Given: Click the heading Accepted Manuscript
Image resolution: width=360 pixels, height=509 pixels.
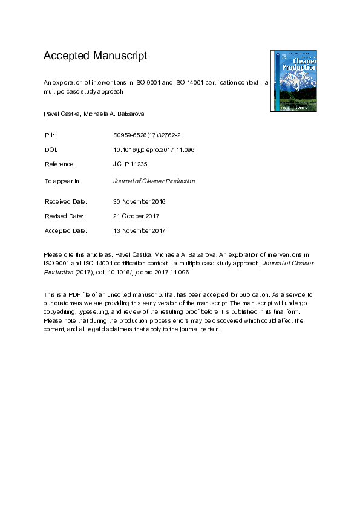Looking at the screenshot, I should (x=95, y=56).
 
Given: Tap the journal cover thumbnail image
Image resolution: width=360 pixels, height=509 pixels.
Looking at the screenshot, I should (x=293, y=81).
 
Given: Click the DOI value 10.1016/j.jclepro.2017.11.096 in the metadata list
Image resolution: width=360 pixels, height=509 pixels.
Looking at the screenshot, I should (x=154, y=149).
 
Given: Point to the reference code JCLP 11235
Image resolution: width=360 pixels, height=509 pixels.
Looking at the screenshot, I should (x=131, y=164).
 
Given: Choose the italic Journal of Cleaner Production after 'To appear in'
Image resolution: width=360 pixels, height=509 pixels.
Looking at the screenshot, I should (x=154, y=181).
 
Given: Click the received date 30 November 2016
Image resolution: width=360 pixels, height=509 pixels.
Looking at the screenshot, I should (x=139, y=201).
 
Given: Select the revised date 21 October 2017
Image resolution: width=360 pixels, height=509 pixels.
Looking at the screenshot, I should (x=136, y=216).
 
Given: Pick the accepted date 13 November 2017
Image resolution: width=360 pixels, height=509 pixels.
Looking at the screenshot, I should (x=139, y=230).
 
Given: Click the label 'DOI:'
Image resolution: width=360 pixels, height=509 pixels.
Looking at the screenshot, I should (x=51, y=149).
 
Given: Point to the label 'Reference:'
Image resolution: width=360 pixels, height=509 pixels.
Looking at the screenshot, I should (x=59, y=164).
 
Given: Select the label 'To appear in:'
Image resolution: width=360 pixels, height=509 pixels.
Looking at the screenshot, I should (x=62, y=181).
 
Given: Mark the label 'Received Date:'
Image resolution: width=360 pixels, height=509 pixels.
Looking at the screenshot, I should (x=66, y=201).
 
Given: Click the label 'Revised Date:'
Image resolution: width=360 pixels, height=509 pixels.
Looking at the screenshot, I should (x=64, y=216).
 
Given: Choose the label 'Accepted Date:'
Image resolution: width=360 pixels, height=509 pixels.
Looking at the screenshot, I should (x=66, y=230).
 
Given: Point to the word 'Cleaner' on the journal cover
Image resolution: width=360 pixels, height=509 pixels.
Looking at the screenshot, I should (x=304, y=61).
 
